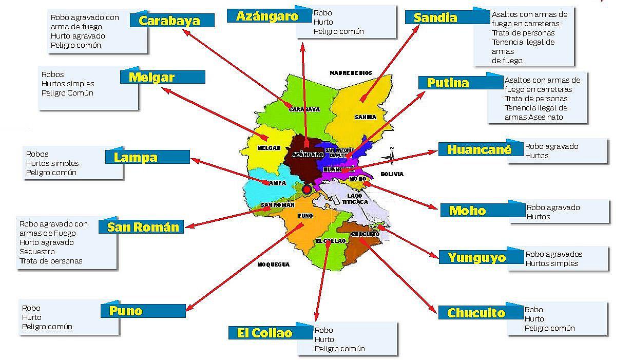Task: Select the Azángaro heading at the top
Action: [x=267, y=16]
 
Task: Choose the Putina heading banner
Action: [x=448, y=83]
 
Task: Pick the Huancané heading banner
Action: [x=479, y=149]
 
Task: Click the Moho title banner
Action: [x=467, y=211]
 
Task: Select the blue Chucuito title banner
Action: [x=476, y=313]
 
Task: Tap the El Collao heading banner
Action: [x=265, y=333]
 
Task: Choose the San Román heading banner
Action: [x=143, y=227]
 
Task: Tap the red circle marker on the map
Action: [x=307, y=190]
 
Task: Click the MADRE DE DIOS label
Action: [x=351, y=73]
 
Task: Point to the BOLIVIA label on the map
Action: [x=392, y=174]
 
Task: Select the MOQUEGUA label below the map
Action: [x=274, y=264]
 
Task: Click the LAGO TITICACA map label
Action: [x=354, y=198]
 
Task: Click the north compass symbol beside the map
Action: [x=391, y=154]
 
